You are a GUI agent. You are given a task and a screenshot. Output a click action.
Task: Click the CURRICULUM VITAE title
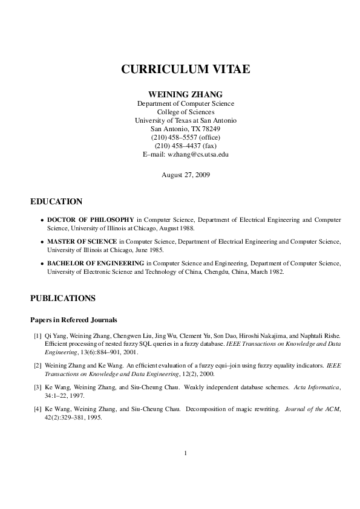pos(186,69)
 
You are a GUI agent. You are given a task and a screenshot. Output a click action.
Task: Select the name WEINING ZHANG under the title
pos(186,94)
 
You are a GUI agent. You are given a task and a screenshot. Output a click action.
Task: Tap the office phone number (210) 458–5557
pos(186,137)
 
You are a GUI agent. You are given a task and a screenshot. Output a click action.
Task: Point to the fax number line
pos(186,146)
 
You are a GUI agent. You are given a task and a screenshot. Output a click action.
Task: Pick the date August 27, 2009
pos(186,175)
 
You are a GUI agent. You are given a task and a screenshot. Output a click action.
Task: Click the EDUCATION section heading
pos(56,201)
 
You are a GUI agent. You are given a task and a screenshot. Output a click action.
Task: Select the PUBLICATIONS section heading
pos(63,298)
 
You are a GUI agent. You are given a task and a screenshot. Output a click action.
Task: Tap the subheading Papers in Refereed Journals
pos(74,320)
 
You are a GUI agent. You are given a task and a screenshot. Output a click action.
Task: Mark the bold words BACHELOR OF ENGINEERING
pos(96,263)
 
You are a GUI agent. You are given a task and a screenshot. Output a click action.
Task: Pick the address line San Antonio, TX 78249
pos(186,129)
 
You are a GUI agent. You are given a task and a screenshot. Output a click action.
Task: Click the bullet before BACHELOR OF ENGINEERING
pos(42,264)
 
